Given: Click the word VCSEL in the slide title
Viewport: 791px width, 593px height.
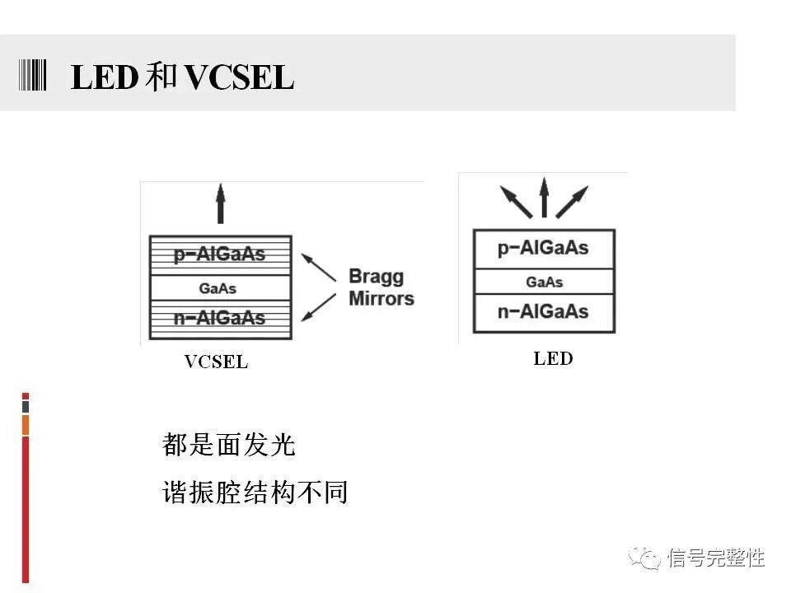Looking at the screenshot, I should [x=239, y=78].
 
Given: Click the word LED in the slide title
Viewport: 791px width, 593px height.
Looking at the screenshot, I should [x=104, y=78].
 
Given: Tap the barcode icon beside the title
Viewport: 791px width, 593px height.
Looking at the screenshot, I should [x=32, y=75].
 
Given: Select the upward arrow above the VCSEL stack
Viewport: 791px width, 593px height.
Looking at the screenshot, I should [x=220, y=203].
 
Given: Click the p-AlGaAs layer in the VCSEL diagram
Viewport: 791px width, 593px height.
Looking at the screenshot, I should [x=220, y=254].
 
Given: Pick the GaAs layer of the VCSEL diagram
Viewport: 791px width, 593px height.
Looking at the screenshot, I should [x=218, y=288].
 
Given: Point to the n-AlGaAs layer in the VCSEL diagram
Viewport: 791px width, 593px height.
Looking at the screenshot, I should [x=220, y=319].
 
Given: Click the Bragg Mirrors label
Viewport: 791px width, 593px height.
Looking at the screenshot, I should [x=381, y=287].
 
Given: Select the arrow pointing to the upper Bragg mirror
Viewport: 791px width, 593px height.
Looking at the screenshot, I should [x=319, y=267].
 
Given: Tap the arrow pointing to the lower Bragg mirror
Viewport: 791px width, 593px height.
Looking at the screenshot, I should [x=319, y=306].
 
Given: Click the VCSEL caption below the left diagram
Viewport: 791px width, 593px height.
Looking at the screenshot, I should [x=216, y=362].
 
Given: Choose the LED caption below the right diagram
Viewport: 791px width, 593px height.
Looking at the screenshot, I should [x=553, y=358].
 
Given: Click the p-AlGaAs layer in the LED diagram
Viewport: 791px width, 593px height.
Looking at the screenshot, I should [x=543, y=248].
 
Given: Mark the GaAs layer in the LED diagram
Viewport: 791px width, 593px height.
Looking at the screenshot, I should [x=544, y=282].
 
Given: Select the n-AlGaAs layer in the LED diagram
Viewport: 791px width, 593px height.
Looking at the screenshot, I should [x=543, y=312].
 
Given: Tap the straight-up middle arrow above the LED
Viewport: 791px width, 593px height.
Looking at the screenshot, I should [x=544, y=198].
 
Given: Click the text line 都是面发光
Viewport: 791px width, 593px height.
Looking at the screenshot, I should [x=228, y=446].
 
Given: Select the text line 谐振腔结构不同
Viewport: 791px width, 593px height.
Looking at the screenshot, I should [x=255, y=493].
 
